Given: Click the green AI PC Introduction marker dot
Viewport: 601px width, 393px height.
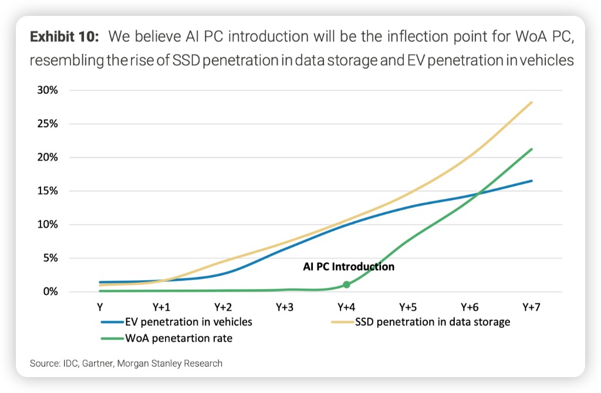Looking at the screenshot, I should tap(346, 284).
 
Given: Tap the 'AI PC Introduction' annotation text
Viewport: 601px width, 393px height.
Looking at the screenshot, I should tap(349, 267).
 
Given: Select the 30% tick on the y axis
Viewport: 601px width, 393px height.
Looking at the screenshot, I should tap(47, 90).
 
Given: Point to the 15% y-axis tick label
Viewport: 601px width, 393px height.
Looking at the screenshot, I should tap(47, 191).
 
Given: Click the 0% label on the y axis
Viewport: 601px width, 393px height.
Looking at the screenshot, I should tap(49, 292).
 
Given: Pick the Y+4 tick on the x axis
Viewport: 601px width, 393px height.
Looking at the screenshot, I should tap(346, 307).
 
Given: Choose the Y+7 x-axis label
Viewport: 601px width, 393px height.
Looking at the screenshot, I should tap(532, 307).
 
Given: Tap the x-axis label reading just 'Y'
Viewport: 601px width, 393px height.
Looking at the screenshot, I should tap(100, 307).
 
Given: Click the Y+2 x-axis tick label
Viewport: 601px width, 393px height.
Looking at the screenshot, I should tap(223, 307).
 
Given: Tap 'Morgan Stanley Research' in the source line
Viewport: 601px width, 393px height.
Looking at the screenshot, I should tap(171, 364).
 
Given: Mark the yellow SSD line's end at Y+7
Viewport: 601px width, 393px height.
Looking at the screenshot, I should tap(532, 102).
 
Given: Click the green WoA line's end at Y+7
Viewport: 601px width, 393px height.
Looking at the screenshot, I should tap(532, 149).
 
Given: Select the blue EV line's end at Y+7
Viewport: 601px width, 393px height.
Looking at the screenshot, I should tap(532, 181).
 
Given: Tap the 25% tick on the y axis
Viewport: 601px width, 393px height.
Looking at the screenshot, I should tap(47, 124).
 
